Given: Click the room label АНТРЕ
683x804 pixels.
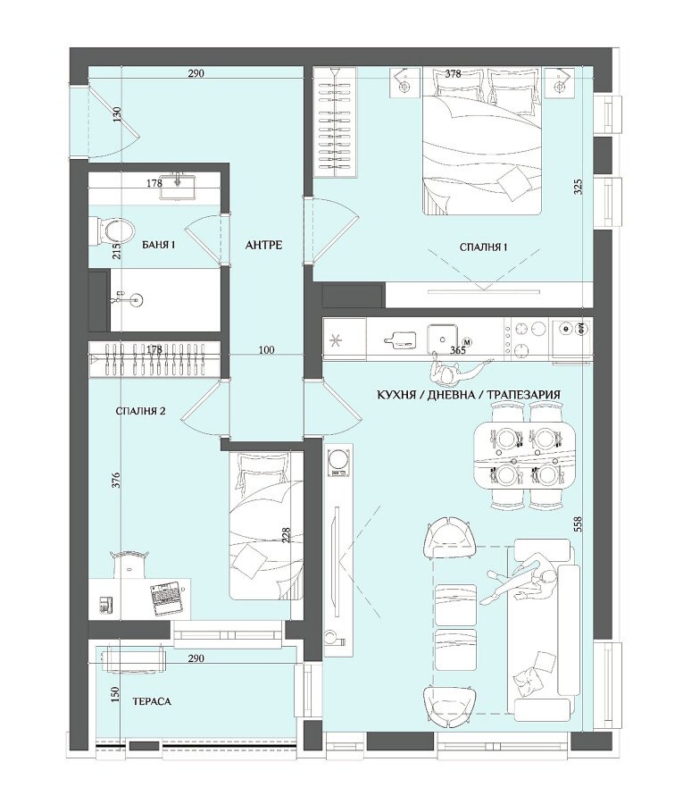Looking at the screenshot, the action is pyautogui.click(x=264, y=245).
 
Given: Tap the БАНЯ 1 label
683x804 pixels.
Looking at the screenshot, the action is pyautogui.click(x=158, y=245).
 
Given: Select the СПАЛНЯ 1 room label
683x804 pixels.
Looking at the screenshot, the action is pyautogui.click(x=483, y=247).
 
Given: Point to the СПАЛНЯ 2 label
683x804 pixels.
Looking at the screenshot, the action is pyautogui.click(x=140, y=411).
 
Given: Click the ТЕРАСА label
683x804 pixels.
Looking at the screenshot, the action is pyautogui.click(x=152, y=701).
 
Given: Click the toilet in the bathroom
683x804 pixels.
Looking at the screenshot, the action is pyautogui.click(x=112, y=230).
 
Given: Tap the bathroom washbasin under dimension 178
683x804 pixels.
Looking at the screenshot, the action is pyautogui.click(x=178, y=188).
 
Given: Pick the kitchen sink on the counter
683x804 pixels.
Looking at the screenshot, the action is pyautogui.click(x=443, y=336).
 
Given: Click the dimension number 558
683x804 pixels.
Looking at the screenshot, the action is pyautogui.click(x=578, y=523).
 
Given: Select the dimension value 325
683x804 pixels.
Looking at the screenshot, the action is pyautogui.click(x=578, y=188).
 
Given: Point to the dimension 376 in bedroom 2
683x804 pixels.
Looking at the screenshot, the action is pyautogui.click(x=116, y=480).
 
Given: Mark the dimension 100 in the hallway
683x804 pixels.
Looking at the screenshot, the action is pyautogui.click(x=266, y=350).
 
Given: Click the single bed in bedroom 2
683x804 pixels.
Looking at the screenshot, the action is pyautogui.click(x=266, y=525).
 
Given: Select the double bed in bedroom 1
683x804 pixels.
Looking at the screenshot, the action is pyautogui.click(x=482, y=141).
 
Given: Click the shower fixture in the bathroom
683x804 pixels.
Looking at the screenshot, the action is pyautogui.click(x=130, y=299).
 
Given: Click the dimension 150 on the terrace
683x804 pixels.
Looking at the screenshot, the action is pyautogui.click(x=115, y=695).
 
